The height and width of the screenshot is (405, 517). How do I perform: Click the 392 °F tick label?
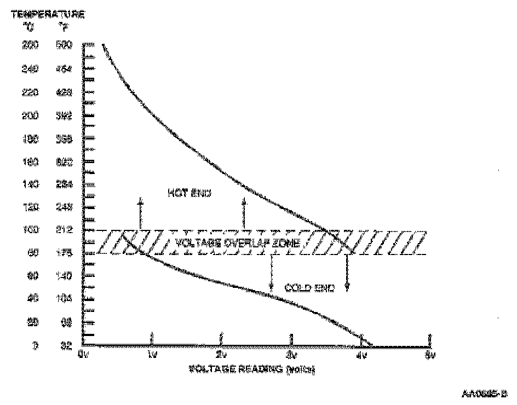coord(64,116)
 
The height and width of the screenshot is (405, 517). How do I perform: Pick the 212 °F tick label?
coord(64,230)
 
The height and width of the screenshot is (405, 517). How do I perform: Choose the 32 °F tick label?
coord(65,346)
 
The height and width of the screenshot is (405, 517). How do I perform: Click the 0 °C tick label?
coord(36,346)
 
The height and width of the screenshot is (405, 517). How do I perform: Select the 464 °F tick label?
coord(64,70)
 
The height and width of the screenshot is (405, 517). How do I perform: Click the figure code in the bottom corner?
coord(485,393)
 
